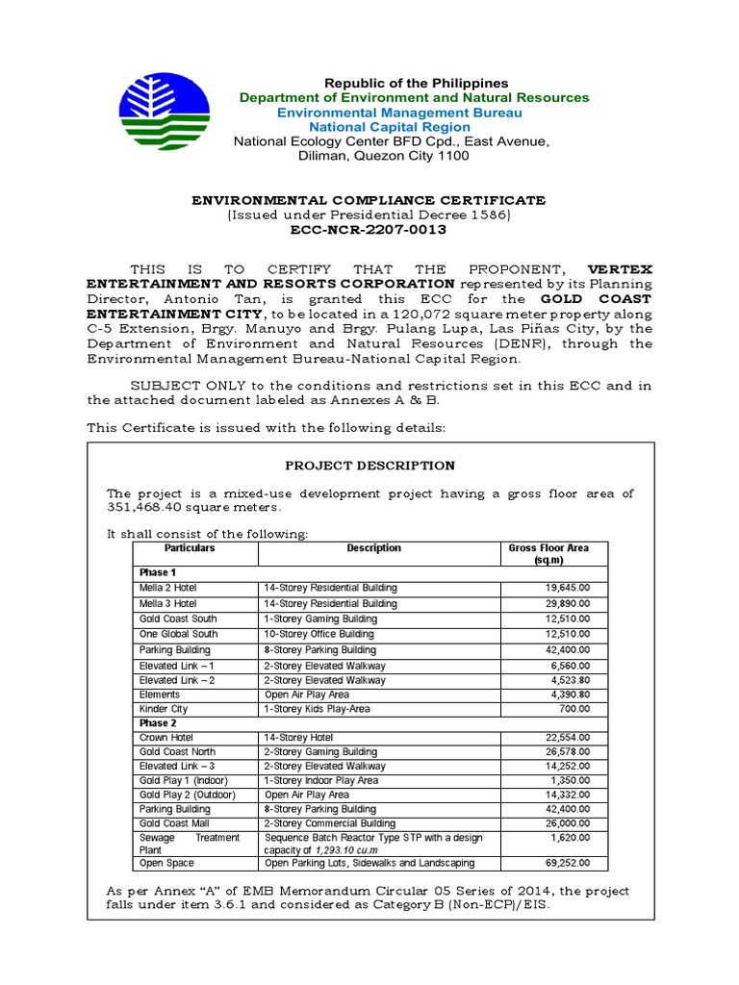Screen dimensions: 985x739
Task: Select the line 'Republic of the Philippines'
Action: coord(416,84)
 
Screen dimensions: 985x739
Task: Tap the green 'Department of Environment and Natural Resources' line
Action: coord(415,98)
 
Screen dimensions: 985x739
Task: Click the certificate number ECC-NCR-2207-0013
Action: coord(369,230)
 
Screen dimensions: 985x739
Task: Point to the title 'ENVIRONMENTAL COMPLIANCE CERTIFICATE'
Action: coord(369,200)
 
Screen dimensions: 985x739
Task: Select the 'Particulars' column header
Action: coord(190,548)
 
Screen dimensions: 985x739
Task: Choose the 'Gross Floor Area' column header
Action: coord(548,554)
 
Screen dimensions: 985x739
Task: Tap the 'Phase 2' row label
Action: coord(158,723)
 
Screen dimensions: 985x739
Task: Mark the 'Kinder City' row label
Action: coord(164,709)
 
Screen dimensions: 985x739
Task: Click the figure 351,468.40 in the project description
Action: coord(144,508)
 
